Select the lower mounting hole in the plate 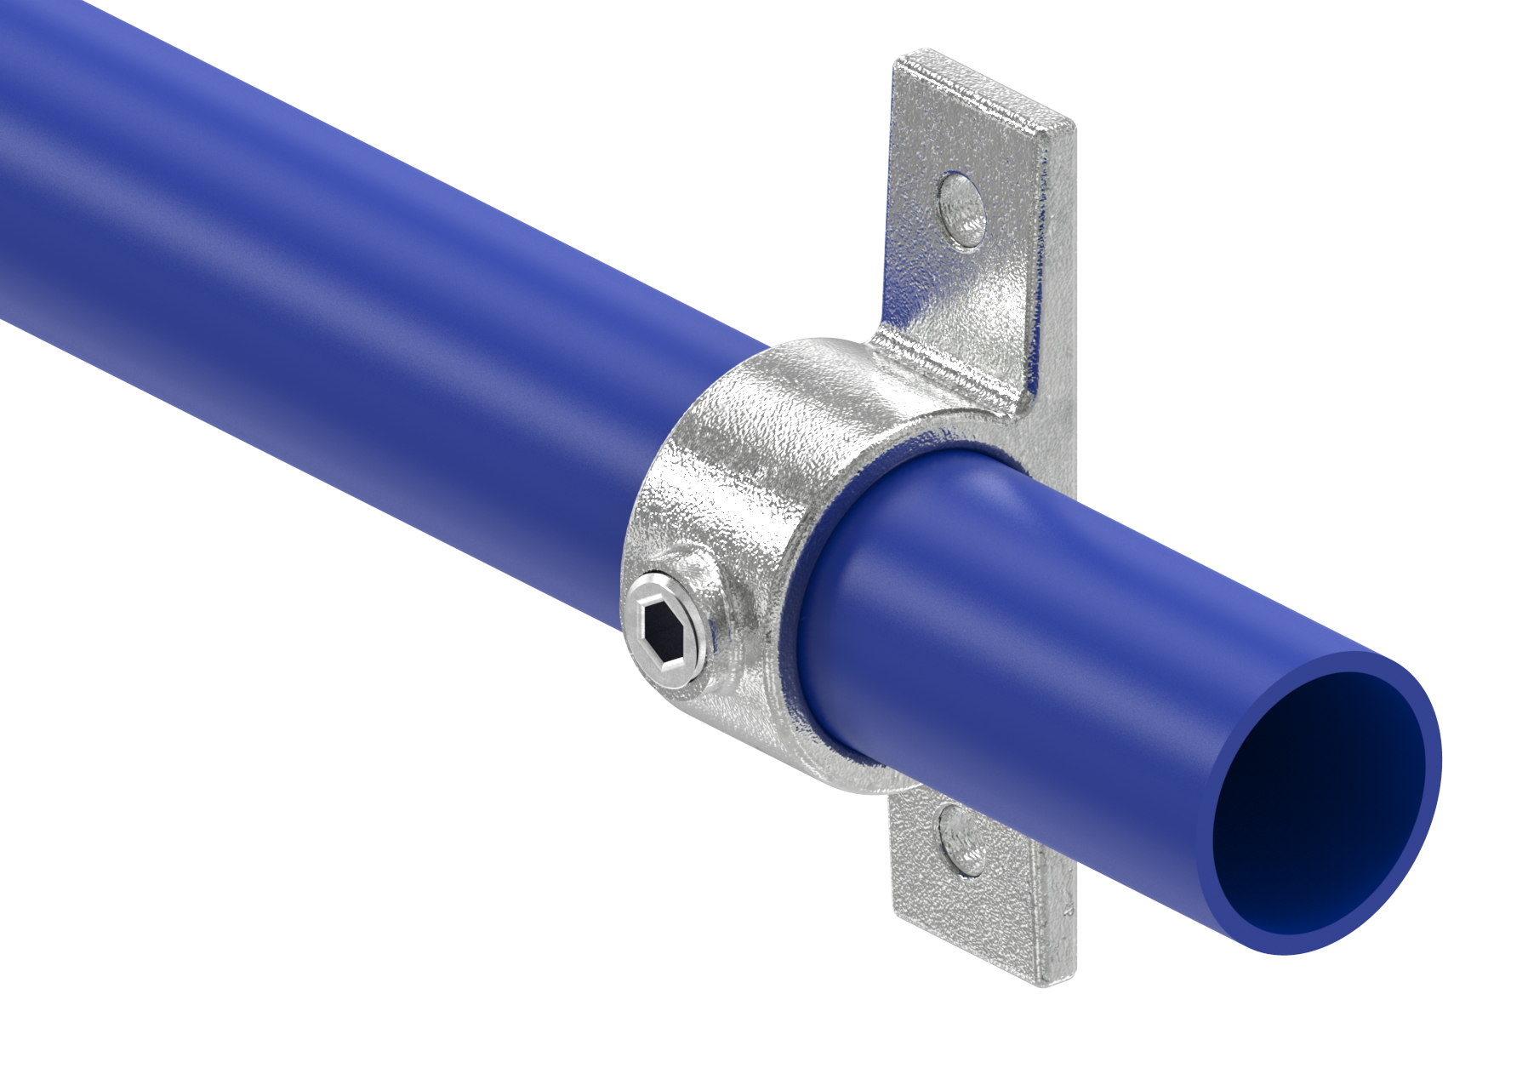tap(961, 840)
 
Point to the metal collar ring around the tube tap(732, 477)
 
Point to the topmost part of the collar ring tap(817, 349)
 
